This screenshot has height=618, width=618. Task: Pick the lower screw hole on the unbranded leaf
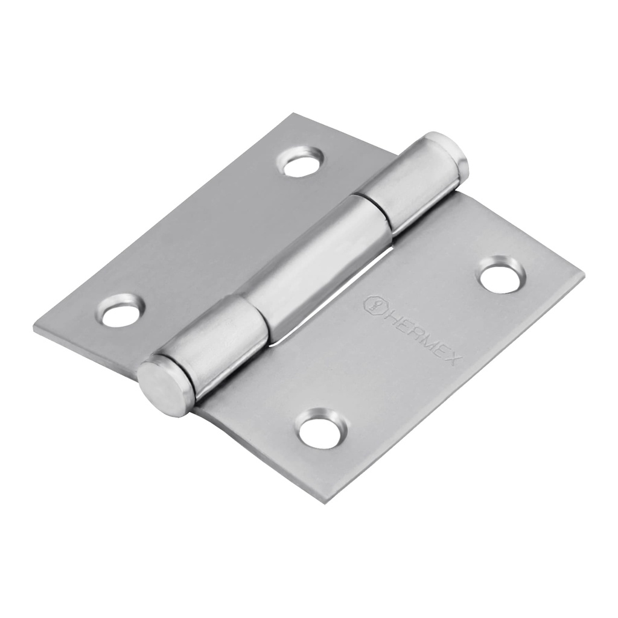click(121, 312)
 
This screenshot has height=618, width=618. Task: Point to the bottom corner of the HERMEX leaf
click(326, 502)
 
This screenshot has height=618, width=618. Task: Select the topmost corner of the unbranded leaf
click(294, 114)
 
